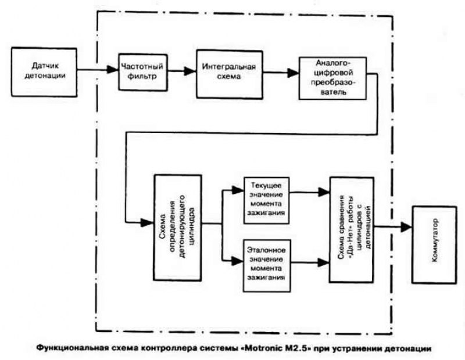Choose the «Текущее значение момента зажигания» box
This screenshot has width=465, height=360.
(x=265, y=198)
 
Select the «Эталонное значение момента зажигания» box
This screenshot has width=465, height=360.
(x=265, y=264)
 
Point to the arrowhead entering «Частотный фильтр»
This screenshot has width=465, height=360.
(x=115, y=70)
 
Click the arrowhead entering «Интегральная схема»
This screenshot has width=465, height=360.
(x=191, y=71)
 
